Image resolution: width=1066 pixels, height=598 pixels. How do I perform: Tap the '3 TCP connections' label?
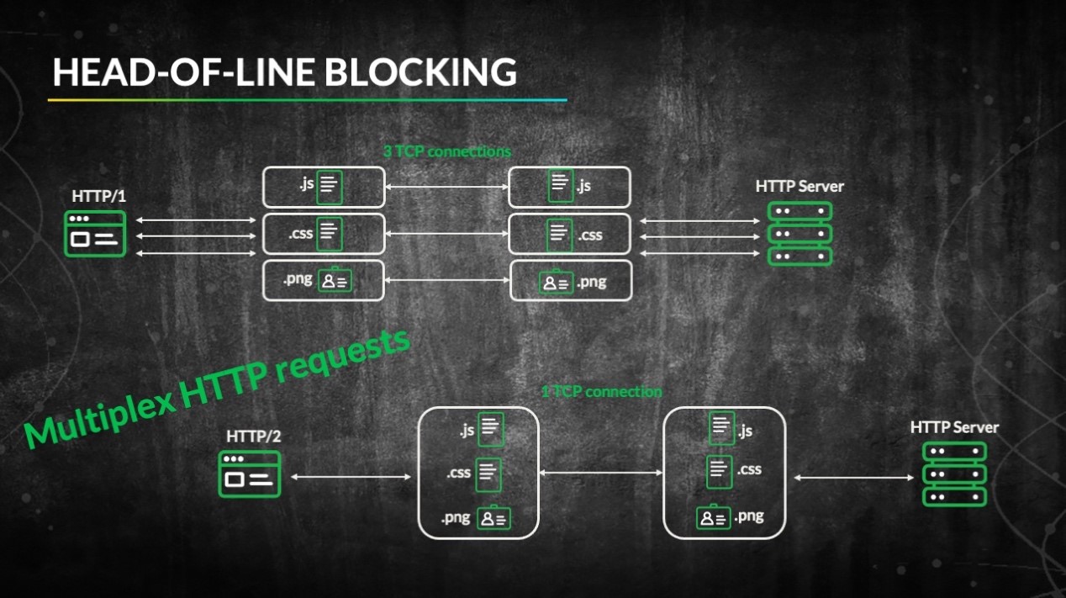pyautogui.click(x=446, y=152)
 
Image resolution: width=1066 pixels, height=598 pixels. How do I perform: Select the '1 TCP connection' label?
pyautogui.click(x=601, y=391)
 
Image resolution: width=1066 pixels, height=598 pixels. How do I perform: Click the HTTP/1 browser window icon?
pyautogui.click(x=95, y=234)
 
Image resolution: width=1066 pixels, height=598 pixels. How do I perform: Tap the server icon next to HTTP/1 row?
pyautogui.click(x=800, y=234)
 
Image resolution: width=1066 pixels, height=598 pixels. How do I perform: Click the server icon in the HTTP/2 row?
pyautogui.click(x=954, y=474)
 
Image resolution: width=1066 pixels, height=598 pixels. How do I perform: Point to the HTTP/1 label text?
pyautogui.click(x=98, y=196)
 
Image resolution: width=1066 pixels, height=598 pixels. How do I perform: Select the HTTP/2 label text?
pyautogui.click(x=252, y=437)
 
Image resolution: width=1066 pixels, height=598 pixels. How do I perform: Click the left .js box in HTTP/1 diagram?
pyautogui.click(x=324, y=187)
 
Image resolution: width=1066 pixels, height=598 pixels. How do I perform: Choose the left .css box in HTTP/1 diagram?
pyautogui.click(x=324, y=234)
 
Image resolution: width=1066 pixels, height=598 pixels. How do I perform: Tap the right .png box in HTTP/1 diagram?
pyautogui.click(x=571, y=281)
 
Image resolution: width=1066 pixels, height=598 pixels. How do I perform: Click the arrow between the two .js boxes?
pyautogui.click(x=446, y=187)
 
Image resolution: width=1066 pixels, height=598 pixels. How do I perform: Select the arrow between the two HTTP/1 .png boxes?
pyautogui.click(x=446, y=281)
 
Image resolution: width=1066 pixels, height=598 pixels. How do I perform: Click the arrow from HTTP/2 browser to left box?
pyautogui.click(x=350, y=477)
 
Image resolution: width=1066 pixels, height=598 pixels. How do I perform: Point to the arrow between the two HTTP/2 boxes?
pyautogui.click(x=601, y=473)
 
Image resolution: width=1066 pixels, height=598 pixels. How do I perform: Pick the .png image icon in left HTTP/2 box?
pyautogui.click(x=493, y=518)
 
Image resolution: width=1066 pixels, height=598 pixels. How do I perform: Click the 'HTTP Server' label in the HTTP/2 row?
pyautogui.click(x=954, y=427)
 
